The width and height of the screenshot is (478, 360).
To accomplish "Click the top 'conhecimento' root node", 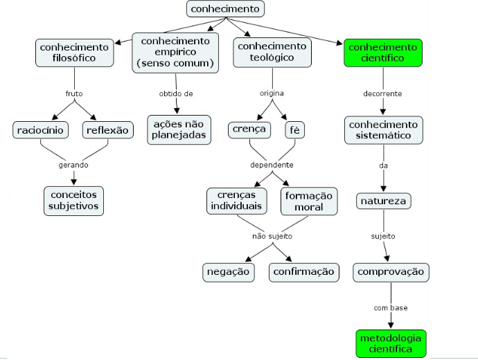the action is [x=225, y=9].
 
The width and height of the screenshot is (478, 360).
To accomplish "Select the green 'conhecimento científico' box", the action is [x=383, y=53].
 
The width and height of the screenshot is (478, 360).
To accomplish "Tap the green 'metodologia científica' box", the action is [x=391, y=343].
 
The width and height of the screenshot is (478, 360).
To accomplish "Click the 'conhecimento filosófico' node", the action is [x=74, y=53].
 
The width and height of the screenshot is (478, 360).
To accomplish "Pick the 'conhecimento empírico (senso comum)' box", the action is [x=175, y=53].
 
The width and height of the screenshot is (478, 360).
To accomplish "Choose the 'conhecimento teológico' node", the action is [x=272, y=52].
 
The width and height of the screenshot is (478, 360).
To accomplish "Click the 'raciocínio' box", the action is [x=40, y=130].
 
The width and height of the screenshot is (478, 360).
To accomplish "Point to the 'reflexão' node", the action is [x=107, y=130].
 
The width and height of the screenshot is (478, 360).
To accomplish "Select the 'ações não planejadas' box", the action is [x=179, y=129].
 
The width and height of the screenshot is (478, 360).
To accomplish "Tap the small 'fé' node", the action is [x=295, y=130].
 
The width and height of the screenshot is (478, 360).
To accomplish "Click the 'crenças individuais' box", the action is [x=236, y=200].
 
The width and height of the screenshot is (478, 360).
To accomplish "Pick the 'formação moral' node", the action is [x=309, y=201].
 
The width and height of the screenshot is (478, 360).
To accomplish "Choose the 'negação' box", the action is [x=229, y=272].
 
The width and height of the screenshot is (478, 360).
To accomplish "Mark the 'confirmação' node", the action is [x=303, y=272].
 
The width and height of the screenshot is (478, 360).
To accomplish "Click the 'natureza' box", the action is [x=384, y=201].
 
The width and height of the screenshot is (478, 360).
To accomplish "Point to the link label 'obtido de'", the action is [x=176, y=93].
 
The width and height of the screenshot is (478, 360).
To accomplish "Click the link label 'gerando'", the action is [x=73, y=165].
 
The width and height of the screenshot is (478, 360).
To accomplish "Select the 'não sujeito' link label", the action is [x=272, y=236].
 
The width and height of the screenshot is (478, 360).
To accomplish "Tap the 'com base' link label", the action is [x=391, y=308].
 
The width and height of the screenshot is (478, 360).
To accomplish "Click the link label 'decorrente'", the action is [x=382, y=93].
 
